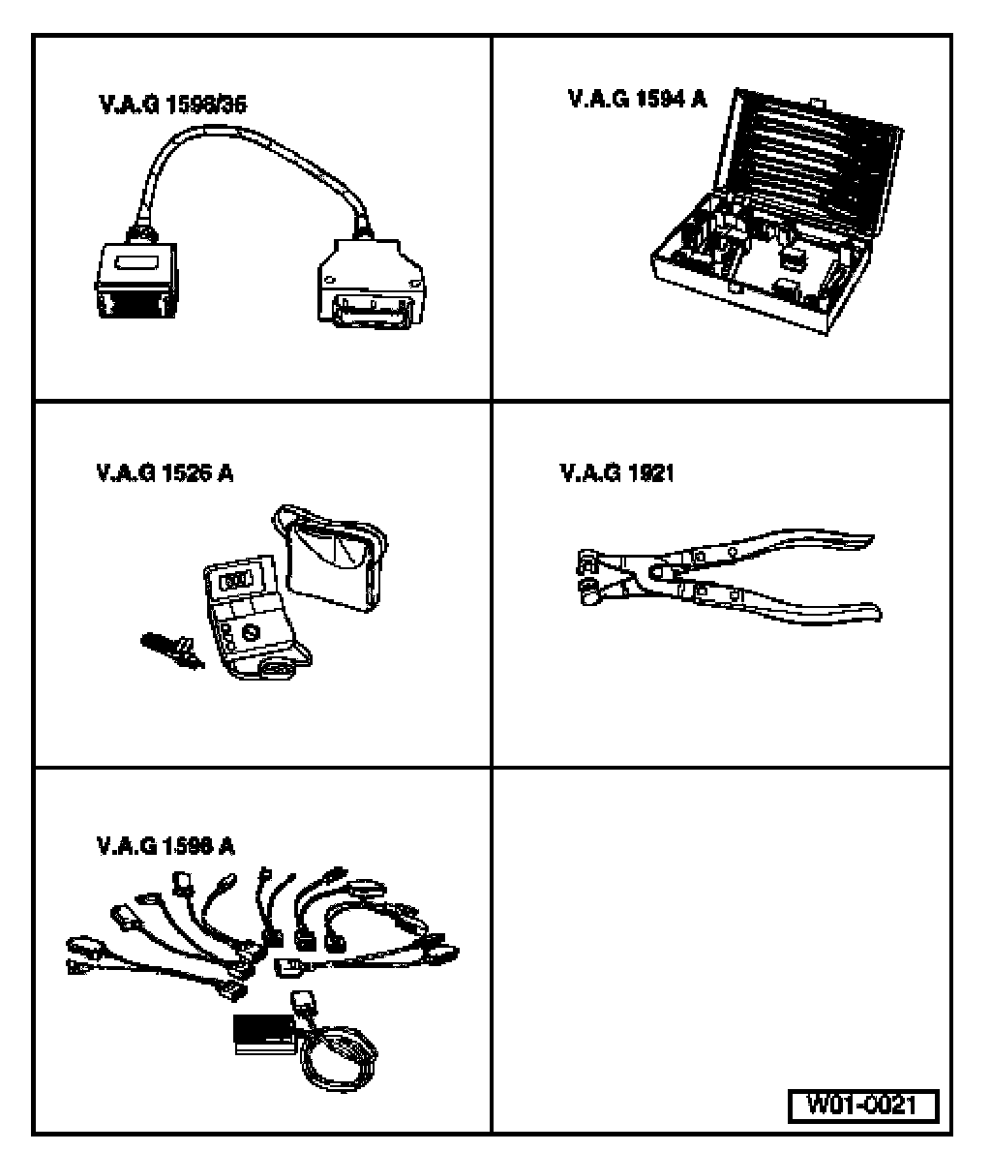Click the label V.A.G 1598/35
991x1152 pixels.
[171, 105]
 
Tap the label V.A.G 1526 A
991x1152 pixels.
[165, 474]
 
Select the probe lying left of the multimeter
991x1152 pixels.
[171, 646]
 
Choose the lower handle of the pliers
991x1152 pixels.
[794, 605]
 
